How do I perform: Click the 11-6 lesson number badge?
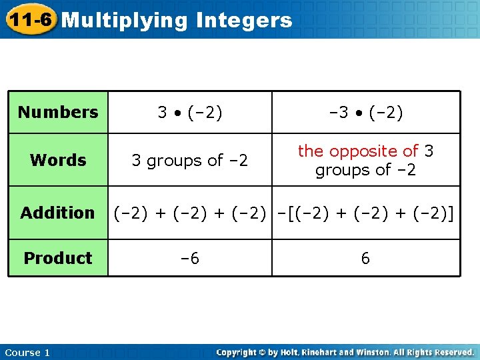point(29,20)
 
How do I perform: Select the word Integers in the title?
point(244,21)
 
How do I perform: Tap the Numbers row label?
point(58,112)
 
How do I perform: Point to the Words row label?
point(58,160)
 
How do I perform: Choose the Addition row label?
point(58,213)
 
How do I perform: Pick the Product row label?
point(58,258)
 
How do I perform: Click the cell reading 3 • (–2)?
point(190,112)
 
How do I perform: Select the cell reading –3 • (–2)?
point(365,112)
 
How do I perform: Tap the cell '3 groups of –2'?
point(190,161)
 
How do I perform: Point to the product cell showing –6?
point(190,258)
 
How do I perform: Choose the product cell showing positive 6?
point(365,258)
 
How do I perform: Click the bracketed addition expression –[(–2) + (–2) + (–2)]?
point(366,213)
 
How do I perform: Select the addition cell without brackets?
point(190,213)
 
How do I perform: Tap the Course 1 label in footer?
point(27,352)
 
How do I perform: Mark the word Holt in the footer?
point(300,352)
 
